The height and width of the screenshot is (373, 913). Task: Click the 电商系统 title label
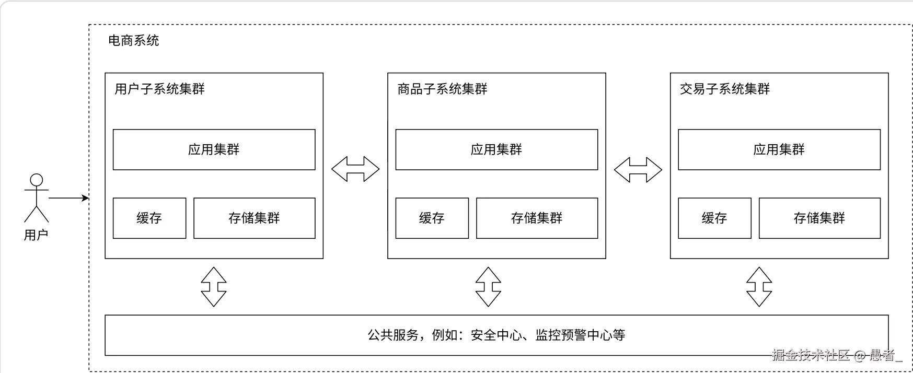(x=133, y=41)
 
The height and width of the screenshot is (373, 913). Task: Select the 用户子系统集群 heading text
(x=159, y=89)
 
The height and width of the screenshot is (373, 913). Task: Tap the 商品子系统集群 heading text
(x=442, y=89)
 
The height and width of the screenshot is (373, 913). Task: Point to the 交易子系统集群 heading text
(x=725, y=89)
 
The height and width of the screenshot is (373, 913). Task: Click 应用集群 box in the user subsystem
(x=214, y=149)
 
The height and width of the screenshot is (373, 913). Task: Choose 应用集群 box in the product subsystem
(x=496, y=149)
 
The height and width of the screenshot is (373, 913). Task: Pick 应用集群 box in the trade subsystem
(x=779, y=149)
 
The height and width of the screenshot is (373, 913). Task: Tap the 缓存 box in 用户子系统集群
(x=149, y=218)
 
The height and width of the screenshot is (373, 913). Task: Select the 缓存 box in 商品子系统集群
(x=432, y=218)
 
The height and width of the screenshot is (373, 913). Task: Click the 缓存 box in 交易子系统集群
(x=714, y=218)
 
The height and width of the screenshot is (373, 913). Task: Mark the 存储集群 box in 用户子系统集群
(x=254, y=218)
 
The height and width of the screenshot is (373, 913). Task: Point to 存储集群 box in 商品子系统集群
(x=537, y=218)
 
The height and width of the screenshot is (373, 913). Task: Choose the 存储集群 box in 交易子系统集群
(x=819, y=218)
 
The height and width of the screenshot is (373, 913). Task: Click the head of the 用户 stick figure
(x=36, y=180)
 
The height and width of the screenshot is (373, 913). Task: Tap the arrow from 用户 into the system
(x=68, y=198)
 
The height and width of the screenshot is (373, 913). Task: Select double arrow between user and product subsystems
(x=355, y=169)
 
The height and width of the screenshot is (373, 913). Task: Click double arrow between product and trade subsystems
(x=638, y=170)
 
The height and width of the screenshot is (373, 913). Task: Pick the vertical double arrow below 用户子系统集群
(x=214, y=287)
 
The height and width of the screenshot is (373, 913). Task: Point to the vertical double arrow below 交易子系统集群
(x=759, y=287)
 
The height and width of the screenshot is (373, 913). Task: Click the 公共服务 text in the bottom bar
(x=393, y=335)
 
